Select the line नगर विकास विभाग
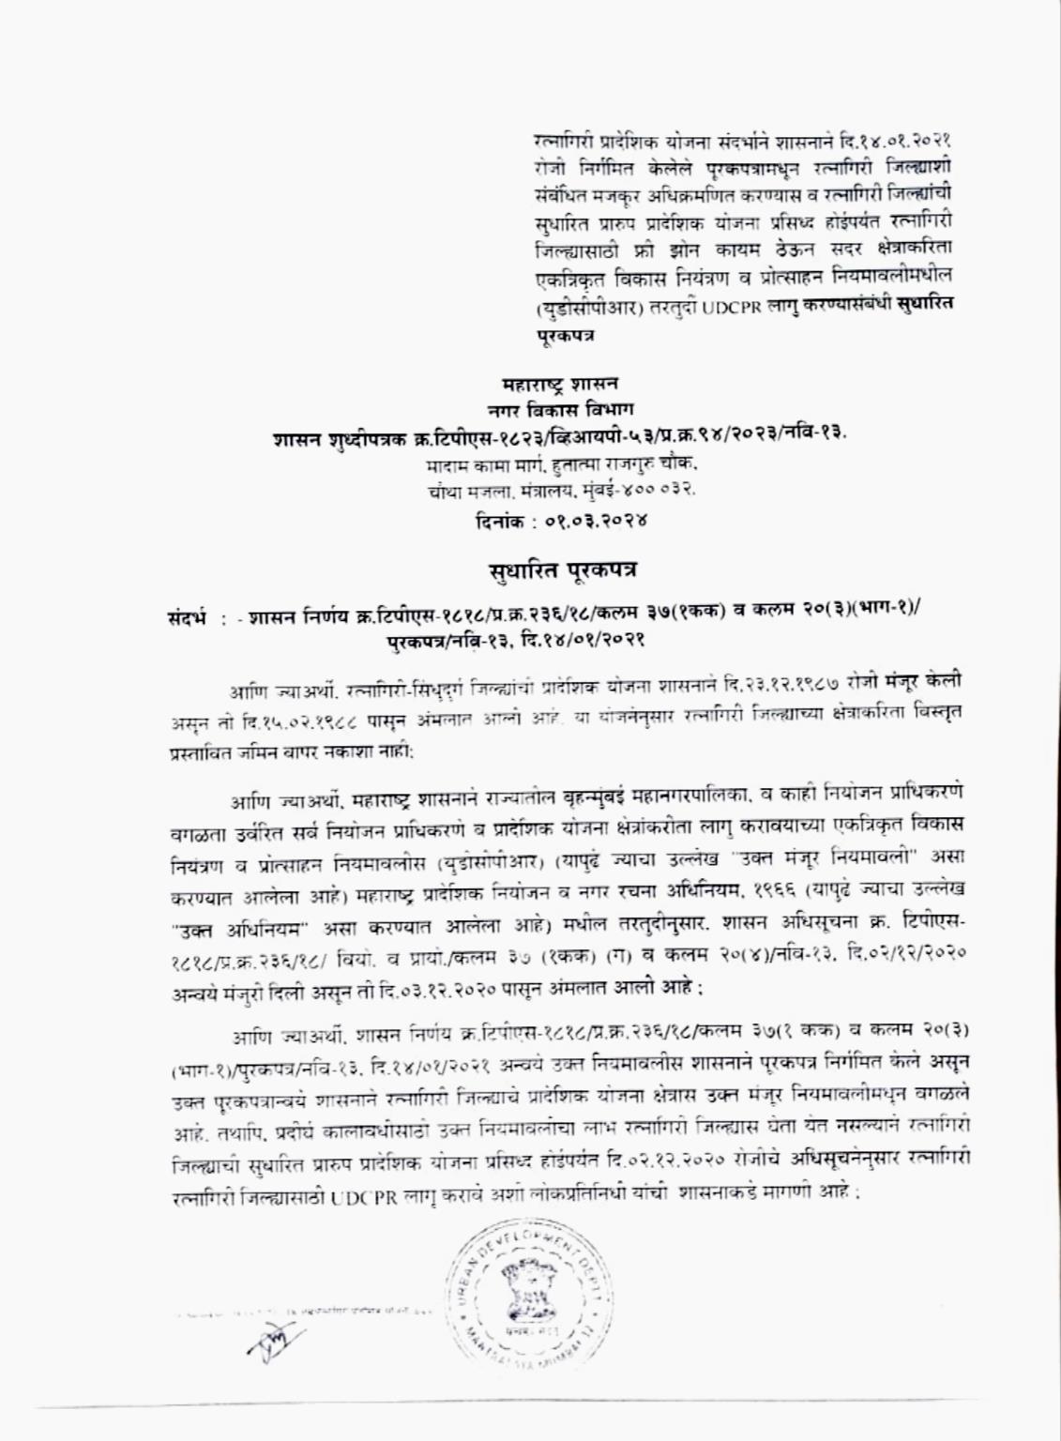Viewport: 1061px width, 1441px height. [x=561, y=409]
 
